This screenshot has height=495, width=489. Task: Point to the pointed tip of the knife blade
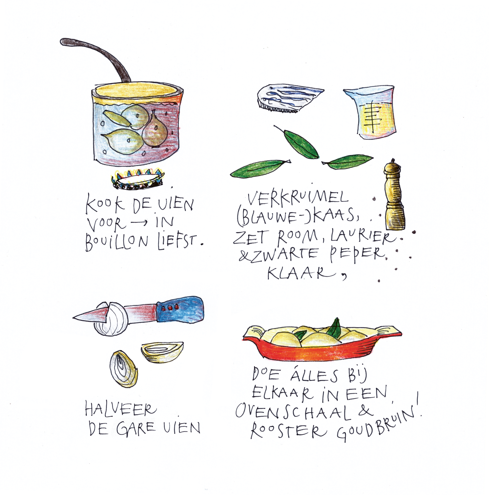click(73, 318)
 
